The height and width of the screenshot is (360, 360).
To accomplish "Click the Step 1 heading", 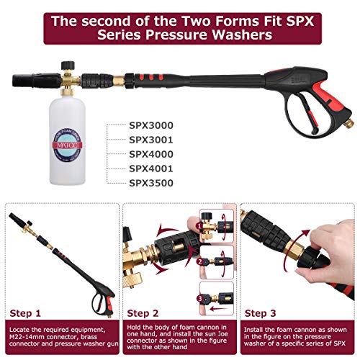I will pyautogui.click(x=28, y=314).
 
